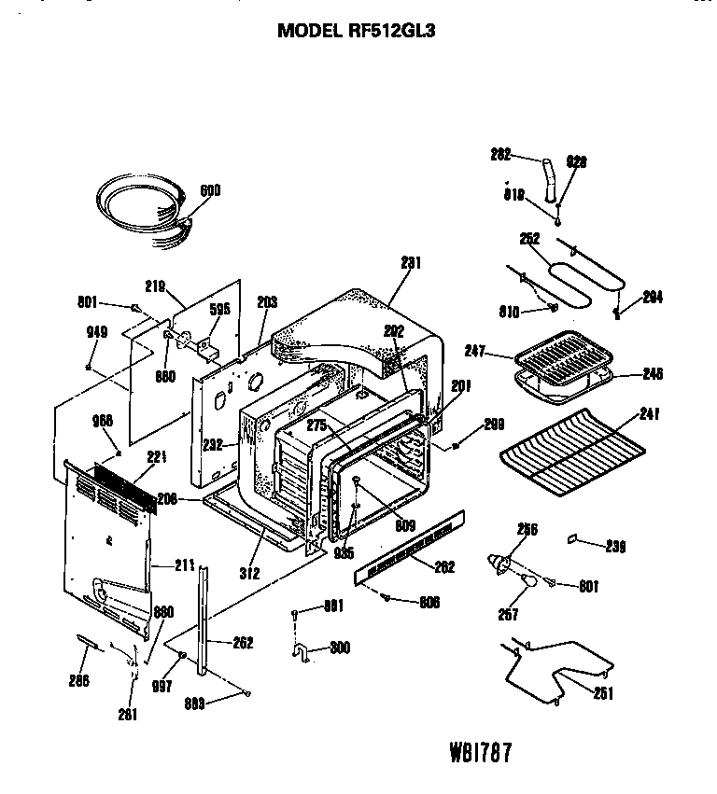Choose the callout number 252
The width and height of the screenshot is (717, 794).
click(529, 240)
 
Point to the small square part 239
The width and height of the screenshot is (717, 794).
click(572, 538)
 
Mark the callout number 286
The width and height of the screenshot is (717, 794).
click(79, 680)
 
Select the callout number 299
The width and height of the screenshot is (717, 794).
click(494, 425)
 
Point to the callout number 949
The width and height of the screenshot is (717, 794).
click(98, 332)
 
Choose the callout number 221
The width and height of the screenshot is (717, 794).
click(157, 457)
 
